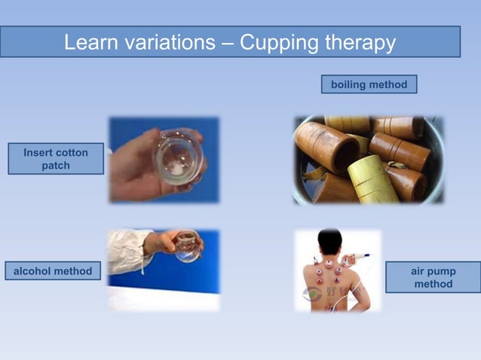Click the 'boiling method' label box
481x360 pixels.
tap(369, 84)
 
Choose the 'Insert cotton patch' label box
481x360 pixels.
tap(56, 159)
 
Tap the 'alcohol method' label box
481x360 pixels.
tap(53, 270)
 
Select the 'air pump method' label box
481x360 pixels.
tap(433, 277)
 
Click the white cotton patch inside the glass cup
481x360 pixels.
tap(176, 169)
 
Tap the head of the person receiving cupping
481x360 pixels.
tap(329, 242)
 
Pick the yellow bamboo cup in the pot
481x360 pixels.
tap(372, 180)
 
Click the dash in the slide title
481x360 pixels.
tap(227, 43)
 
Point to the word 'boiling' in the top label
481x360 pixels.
tap(349, 84)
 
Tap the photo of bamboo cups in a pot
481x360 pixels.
tap(368, 159)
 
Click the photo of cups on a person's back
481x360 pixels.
tap(337, 270)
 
